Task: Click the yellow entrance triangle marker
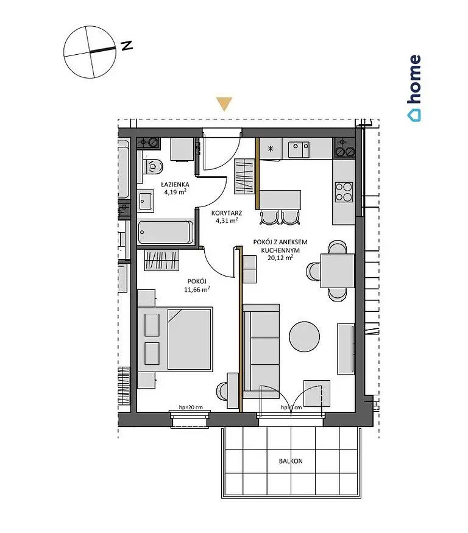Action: click(x=224, y=104)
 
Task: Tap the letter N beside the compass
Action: click(x=127, y=46)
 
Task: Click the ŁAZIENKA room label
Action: click(x=175, y=185)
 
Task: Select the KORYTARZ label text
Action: click(x=227, y=213)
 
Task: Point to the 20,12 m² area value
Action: click(x=280, y=258)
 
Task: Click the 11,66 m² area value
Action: click(x=197, y=289)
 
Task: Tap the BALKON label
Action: click(x=291, y=461)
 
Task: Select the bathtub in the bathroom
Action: click(x=166, y=232)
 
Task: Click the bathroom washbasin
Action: click(x=146, y=201)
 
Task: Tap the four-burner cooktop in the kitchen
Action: click(x=344, y=192)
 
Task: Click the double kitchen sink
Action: click(x=299, y=150)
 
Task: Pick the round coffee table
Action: click(x=305, y=337)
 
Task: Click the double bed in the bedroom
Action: click(x=175, y=339)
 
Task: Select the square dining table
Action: click(x=338, y=271)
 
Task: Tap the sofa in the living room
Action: click(x=261, y=351)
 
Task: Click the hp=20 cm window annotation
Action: click(x=191, y=408)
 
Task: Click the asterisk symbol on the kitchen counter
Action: click(x=271, y=149)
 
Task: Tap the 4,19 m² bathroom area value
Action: click(x=175, y=192)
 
